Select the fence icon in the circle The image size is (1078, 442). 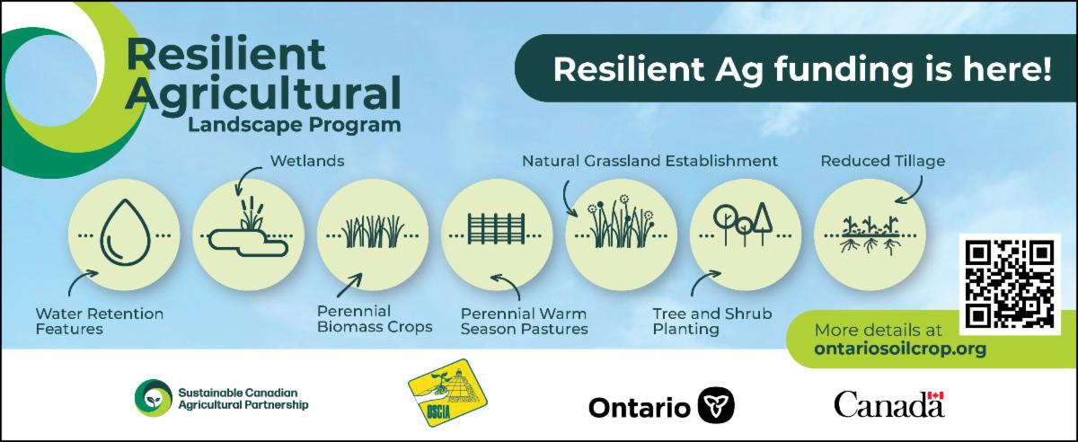[x=496, y=229]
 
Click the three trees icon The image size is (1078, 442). [x=743, y=225]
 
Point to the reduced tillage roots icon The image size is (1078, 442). [x=870, y=235]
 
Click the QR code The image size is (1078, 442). [x=1010, y=284]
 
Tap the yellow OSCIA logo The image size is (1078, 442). [x=447, y=393]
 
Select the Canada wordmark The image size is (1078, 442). [x=888, y=404]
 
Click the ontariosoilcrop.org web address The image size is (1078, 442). [x=900, y=348]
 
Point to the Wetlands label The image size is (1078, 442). [x=307, y=161]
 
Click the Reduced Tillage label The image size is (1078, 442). [x=882, y=161]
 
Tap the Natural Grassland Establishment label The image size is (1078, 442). [x=649, y=161]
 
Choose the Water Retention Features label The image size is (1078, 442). [x=100, y=321]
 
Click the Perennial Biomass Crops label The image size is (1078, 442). [x=375, y=319]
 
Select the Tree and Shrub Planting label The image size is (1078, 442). [x=712, y=321]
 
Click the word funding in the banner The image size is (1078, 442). [x=844, y=69]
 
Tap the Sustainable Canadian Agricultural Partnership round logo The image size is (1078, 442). [x=154, y=398]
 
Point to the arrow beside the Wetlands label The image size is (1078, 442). [x=245, y=180]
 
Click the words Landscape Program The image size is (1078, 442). [x=294, y=125]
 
